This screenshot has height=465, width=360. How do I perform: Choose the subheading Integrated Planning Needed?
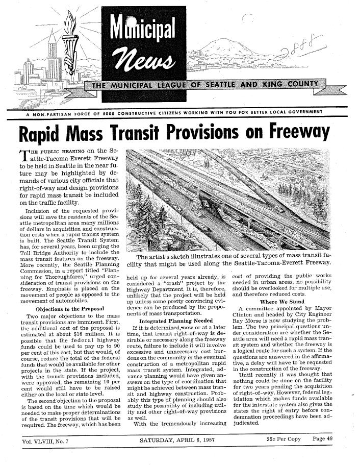172,320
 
